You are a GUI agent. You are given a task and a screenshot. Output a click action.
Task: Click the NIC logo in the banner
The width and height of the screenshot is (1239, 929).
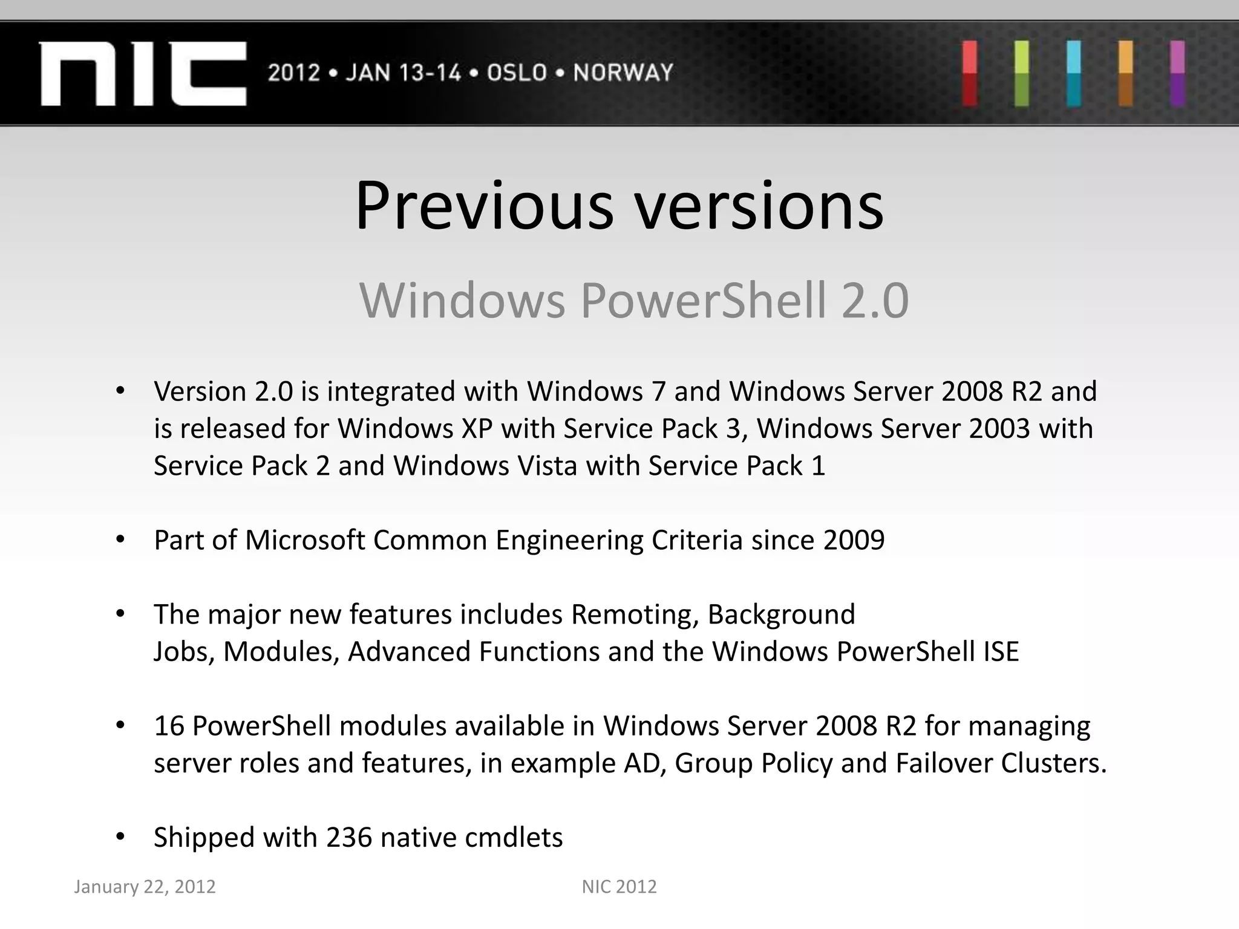pyautogui.click(x=143, y=74)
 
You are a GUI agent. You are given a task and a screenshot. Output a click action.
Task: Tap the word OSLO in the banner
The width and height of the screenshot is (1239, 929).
pyautogui.click(x=517, y=73)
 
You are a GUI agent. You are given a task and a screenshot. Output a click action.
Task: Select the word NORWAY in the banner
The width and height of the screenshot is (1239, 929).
pyautogui.click(x=623, y=73)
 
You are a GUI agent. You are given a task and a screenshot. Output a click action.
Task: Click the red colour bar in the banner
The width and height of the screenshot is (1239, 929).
pyautogui.click(x=970, y=73)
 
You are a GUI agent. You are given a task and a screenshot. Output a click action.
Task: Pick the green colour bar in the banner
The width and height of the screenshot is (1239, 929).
pyautogui.click(x=1022, y=73)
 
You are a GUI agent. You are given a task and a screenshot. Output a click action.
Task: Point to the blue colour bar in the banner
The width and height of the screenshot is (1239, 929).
pyautogui.click(x=1074, y=73)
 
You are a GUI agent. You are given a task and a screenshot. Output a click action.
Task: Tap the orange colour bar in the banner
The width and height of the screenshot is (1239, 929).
pyautogui.click(x=1125, y=73)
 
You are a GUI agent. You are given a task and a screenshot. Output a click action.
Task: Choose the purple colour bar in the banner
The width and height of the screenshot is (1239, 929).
pyautogui.click(x=1177, y=73)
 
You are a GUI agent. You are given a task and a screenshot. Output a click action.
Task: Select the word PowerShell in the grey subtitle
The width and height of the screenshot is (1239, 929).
pyautogui.click(x=703, y=301)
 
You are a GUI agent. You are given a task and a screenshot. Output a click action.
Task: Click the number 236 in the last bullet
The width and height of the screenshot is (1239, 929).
pyautogui.click(x=349, y=838)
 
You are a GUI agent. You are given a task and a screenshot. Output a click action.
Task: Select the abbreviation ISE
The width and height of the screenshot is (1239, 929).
pyautogui.click(x=1001, y=652)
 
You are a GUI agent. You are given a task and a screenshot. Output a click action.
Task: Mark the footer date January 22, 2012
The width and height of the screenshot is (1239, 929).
pyautogui.click(x=145, y=887)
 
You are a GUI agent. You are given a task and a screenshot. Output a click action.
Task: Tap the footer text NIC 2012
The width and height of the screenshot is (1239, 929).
pyautogui.click(x=619, y=887)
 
